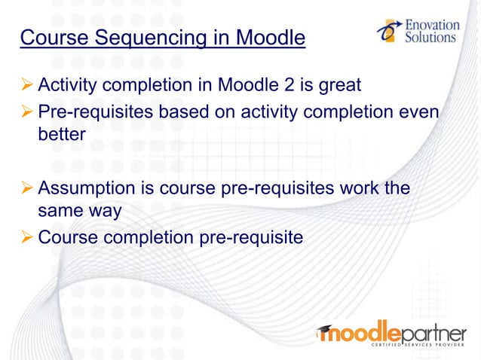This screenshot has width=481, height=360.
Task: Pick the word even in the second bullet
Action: click(421, 111)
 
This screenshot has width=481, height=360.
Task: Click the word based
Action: click(183, 111)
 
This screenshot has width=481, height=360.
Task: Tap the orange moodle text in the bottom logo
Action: click(357, 331)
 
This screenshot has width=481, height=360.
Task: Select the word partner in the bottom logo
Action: click(433, 332)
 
